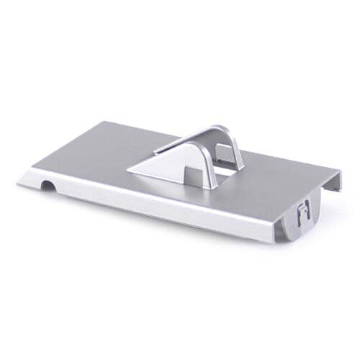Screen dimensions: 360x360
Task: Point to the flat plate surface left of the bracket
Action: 94,158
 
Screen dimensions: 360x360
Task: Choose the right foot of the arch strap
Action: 239,168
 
